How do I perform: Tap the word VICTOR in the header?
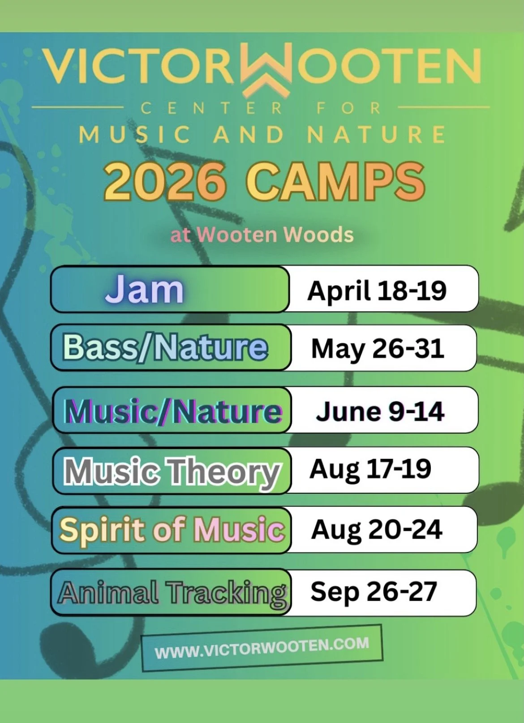(x=139, y=67)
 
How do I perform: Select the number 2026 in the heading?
(x=164, y=182)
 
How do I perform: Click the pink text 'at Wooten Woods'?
(x=262, y=235)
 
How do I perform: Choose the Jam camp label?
(x=144, y=289)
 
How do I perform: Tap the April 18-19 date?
(x=377, y=291)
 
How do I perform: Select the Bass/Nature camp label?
(x=165, y=347)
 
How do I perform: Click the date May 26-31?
(x=378, y=348)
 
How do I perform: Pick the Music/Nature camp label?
(x=173, y=411)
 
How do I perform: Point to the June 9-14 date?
(x=380, y=411)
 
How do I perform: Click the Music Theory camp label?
(x=172, y=472)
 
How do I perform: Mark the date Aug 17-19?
(x=370, y=469)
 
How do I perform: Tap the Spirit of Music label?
(x=172, y=530)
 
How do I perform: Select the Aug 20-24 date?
(x=377, y=530)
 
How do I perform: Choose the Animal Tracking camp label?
(x=172, y=593)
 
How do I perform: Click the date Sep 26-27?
(x=374, y=592)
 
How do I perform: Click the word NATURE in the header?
(x=376, y=135)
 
